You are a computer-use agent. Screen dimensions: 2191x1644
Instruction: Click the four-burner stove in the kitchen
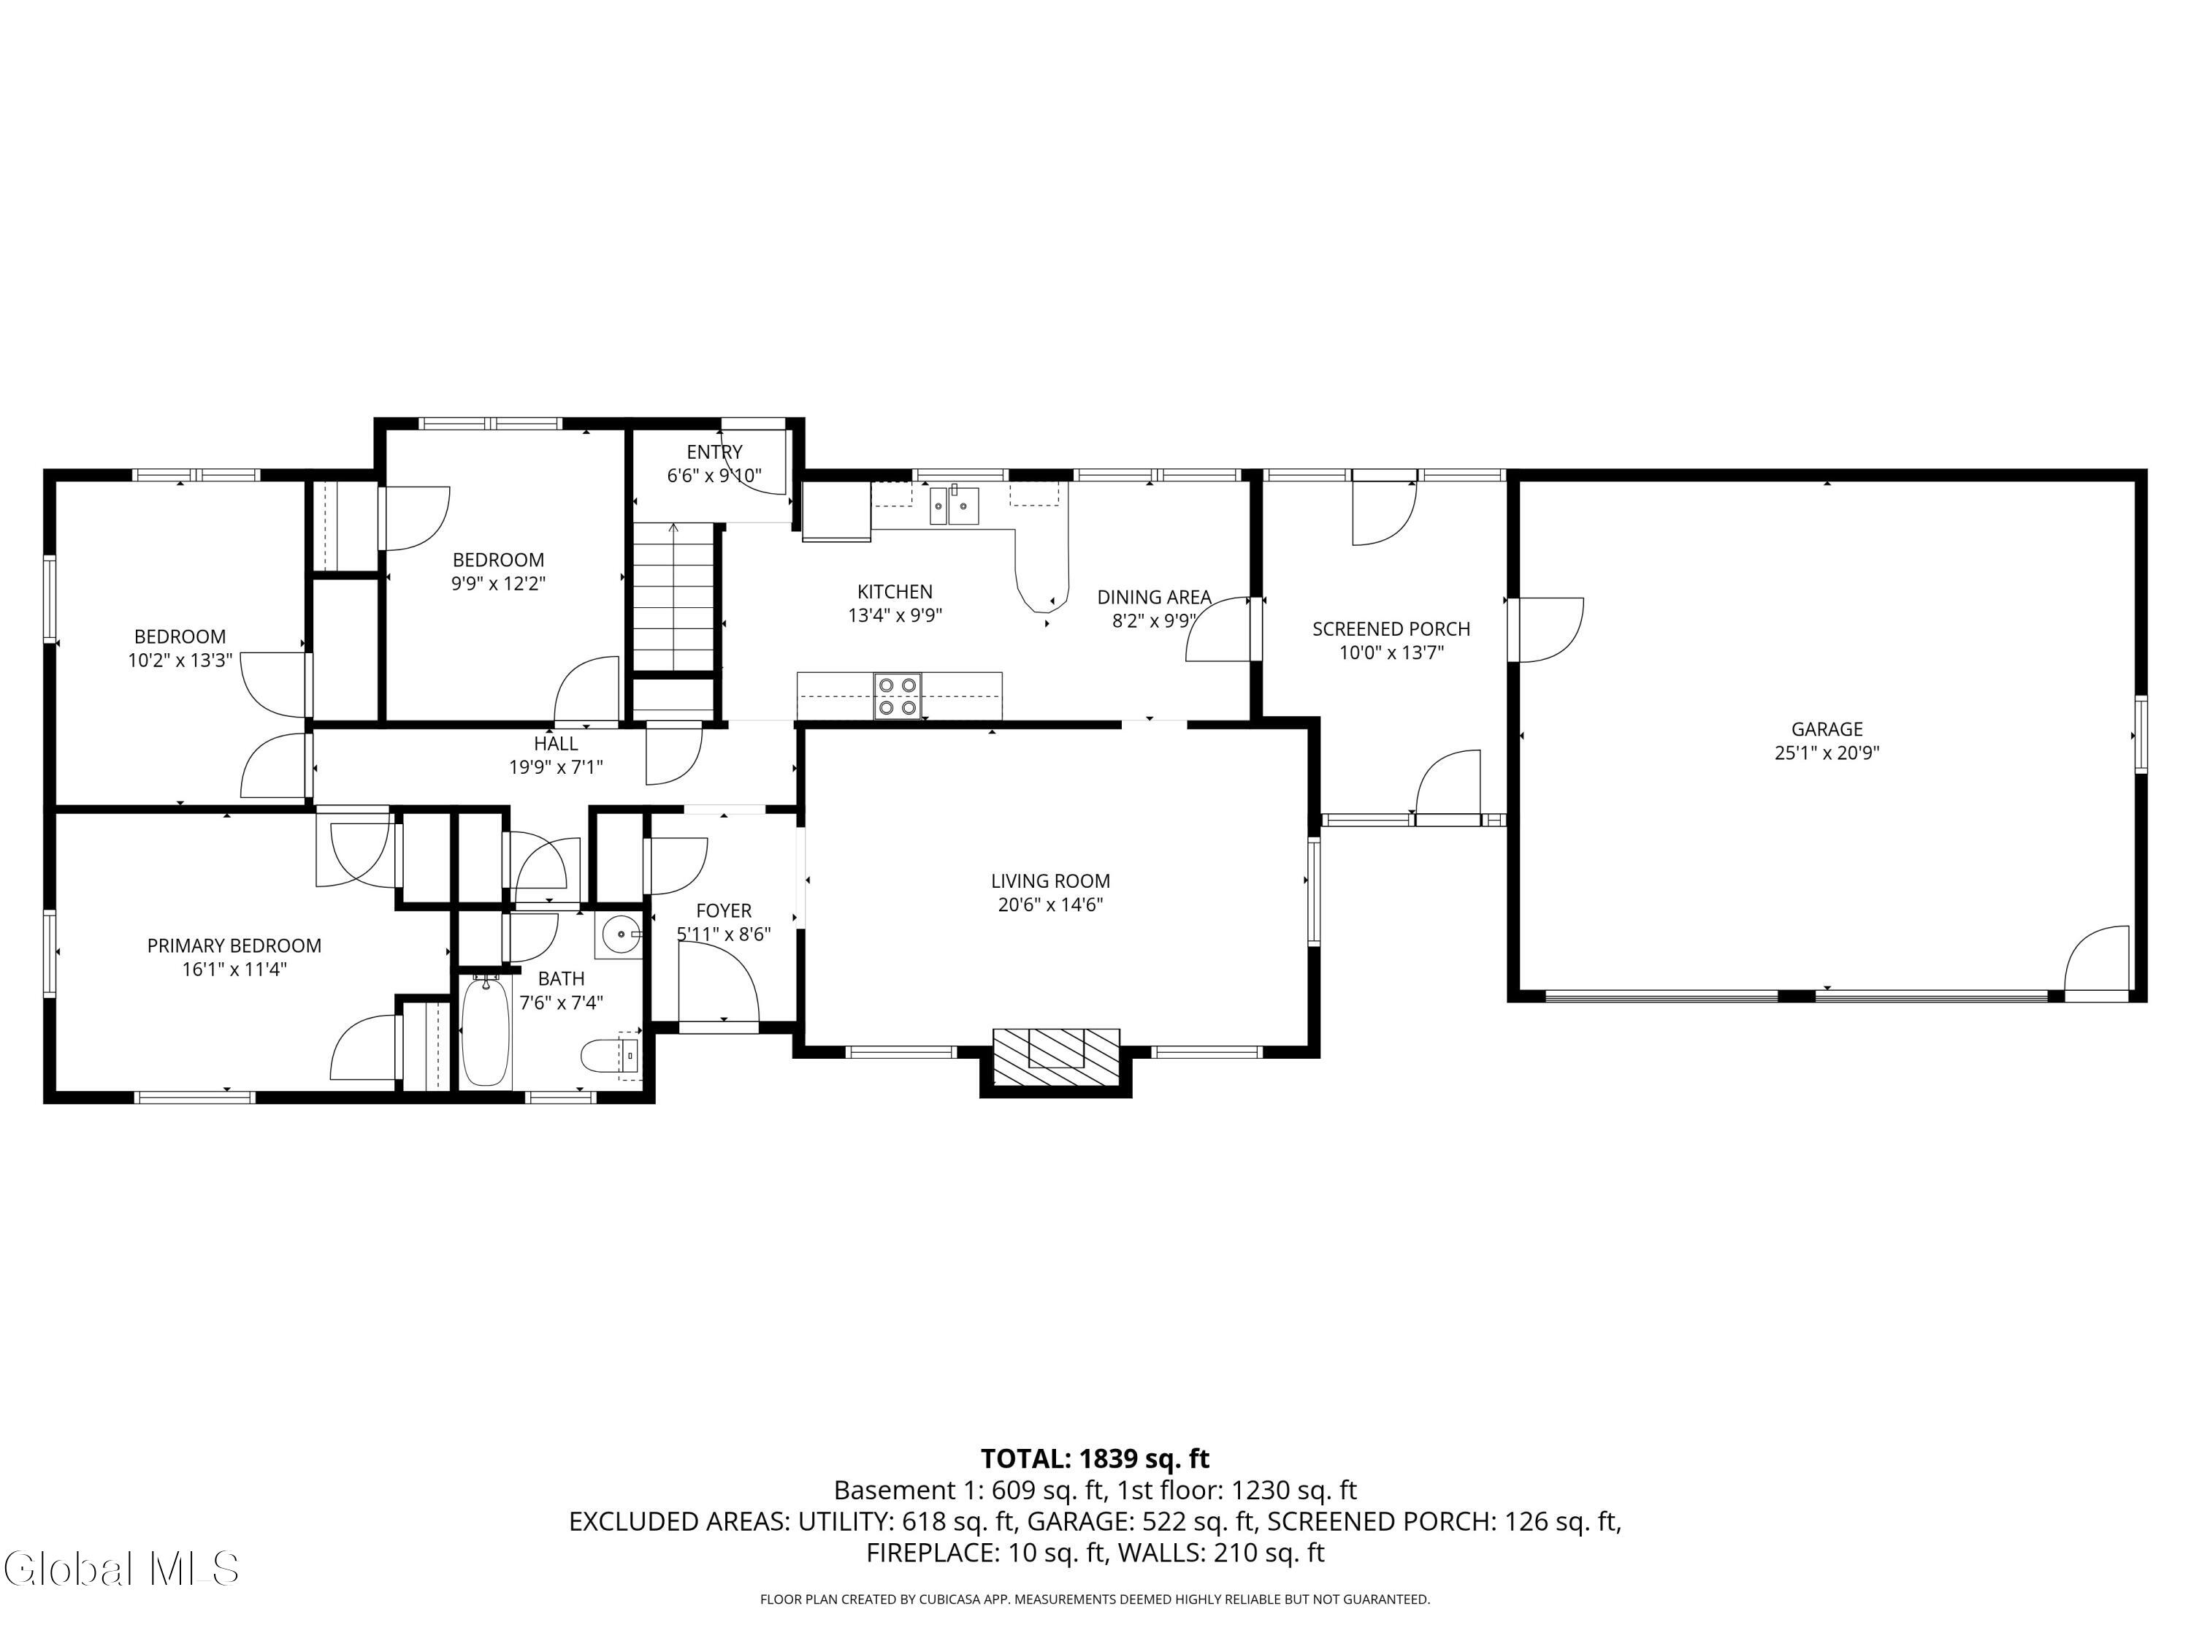(x=898, y=696)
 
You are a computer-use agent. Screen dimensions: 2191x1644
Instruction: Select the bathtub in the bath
(x=486, y=1032)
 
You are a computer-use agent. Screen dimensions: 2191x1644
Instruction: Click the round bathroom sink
(x=621, y=934)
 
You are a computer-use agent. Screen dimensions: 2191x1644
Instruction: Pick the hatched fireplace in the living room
(x=1056, y=1059)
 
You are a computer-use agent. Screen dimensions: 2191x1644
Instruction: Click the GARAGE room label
(x=1827, y=729)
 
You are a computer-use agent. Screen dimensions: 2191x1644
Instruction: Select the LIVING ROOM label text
(x=1050, y=881)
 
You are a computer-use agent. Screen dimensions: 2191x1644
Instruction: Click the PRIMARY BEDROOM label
(x=234, y=946)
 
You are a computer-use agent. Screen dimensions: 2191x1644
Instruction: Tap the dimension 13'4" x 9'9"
(x=895, y=615)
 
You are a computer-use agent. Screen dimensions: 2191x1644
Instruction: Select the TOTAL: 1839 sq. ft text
(x=1095, y=1458)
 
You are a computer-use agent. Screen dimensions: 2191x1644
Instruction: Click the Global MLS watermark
(x=121, y=1569)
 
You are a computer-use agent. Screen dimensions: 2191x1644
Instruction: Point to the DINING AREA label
(x=1154, y=598)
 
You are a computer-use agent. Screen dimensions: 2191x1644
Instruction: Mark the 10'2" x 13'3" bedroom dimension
(x=180, y=660)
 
